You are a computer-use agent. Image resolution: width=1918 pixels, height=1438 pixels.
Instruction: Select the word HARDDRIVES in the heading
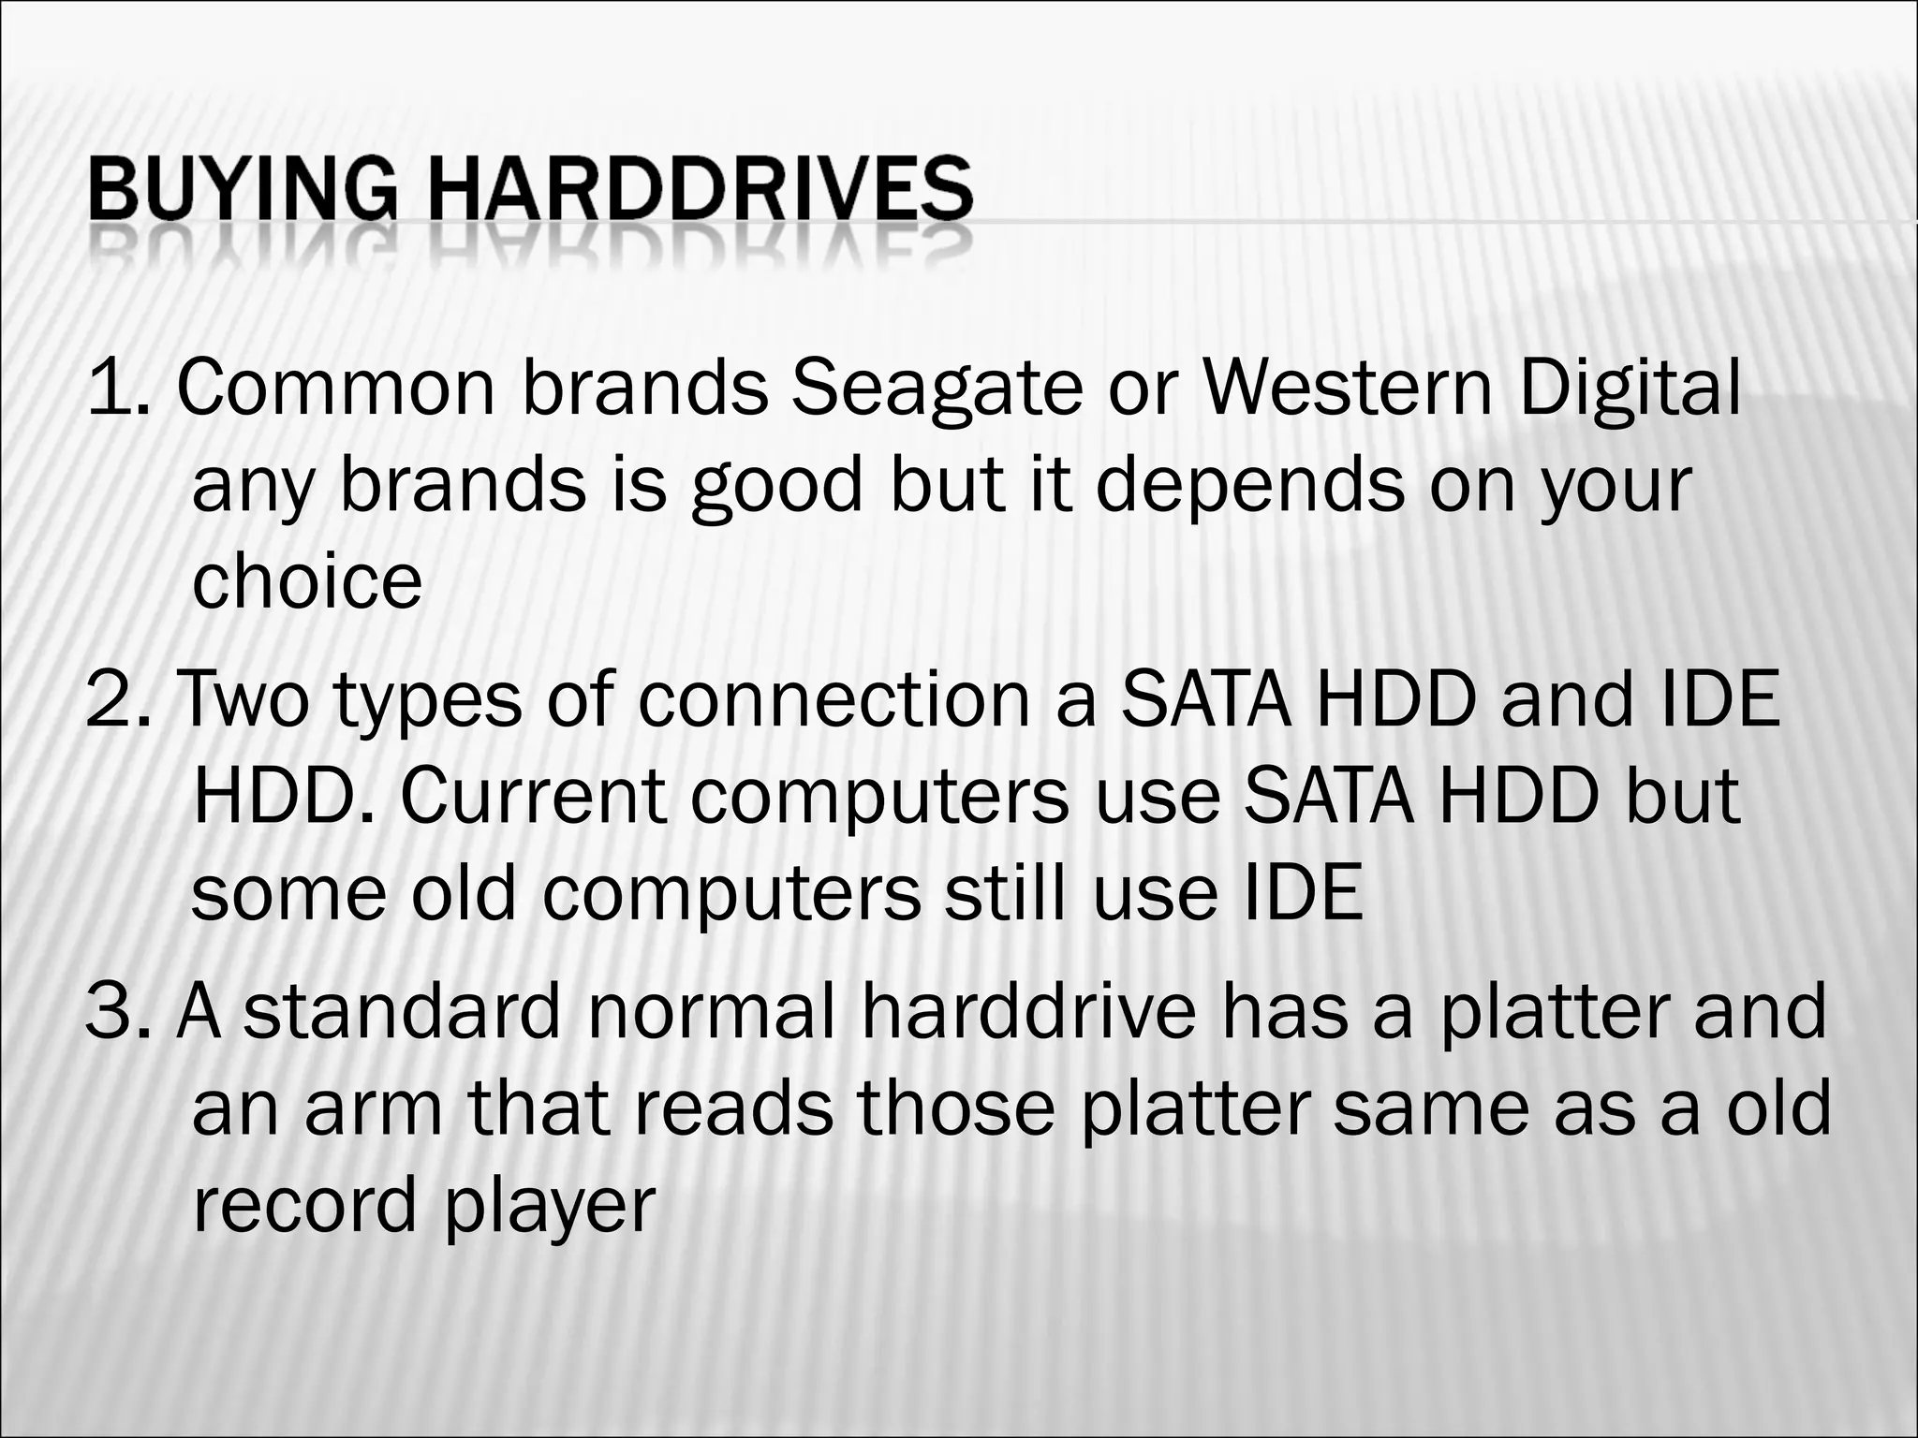tap(701, 189)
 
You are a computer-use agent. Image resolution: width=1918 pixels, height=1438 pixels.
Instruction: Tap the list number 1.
tap(117, 389)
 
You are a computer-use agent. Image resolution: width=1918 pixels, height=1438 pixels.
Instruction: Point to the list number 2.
tap(117, 699)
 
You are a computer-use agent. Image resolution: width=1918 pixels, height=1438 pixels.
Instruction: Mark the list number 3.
tap(117, 1011)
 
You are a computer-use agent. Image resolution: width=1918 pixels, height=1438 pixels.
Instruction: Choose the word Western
tap(1348, 389)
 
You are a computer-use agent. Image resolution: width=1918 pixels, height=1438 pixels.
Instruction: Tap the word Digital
tap(1630, 389)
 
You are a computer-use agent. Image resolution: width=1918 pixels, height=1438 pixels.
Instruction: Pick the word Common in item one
tap(335, 389)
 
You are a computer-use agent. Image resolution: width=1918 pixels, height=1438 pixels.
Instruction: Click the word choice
tap(307, 580)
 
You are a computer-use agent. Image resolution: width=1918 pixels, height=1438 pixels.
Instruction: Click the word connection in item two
tap(834, 699)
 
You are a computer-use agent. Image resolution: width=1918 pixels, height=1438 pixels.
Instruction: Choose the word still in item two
tap(1003, 892)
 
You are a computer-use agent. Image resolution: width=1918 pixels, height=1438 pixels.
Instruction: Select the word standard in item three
tap(402, 1011)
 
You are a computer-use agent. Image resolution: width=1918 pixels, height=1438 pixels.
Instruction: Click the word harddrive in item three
tap(1027, 1011)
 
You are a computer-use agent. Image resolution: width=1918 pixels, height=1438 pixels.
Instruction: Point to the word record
tap(303, 1206)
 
